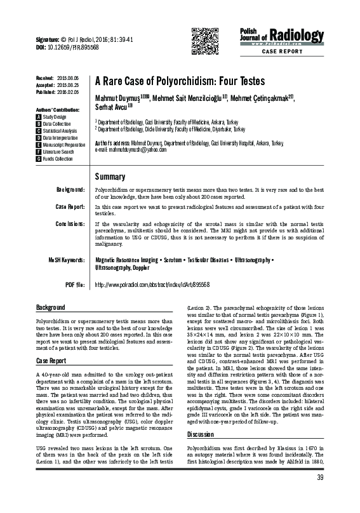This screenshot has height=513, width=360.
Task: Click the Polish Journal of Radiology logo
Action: tap(274, 36)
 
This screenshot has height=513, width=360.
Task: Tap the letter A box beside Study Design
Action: tap(39, 117)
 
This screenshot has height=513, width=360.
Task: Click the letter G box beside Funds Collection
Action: tap(39, 158)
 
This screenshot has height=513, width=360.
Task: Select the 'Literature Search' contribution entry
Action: tap(58, 152)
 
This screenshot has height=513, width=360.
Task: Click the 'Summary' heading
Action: tap(110, 176)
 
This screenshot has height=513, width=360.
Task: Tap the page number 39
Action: tap(320, 495)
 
